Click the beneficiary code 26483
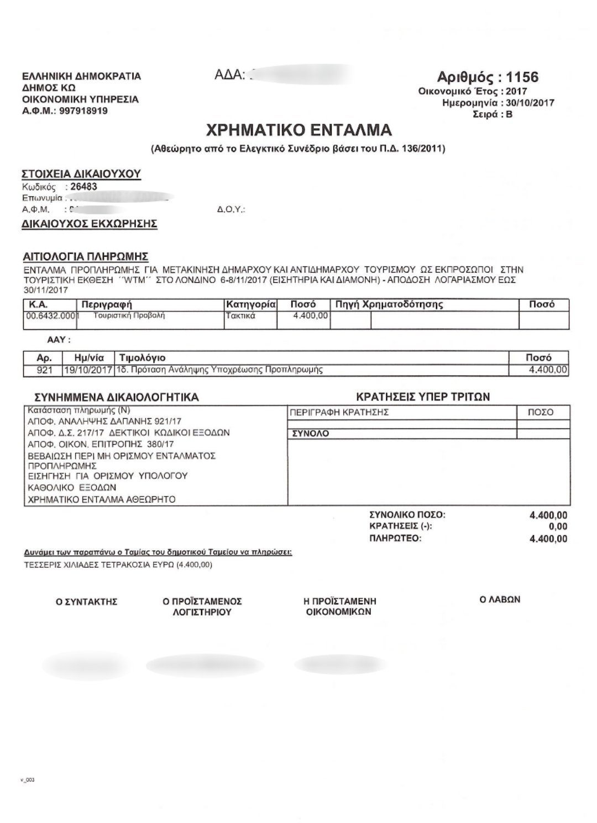tap(84, 187)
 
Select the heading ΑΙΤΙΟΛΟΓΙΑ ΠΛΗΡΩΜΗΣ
tap(86, 257)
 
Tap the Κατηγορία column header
tap(250, 304)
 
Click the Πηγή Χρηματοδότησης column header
tap(389, 304)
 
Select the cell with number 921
tap(43, 370)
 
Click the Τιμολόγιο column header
tap(143, 358)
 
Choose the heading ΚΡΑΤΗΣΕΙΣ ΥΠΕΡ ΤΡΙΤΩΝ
tap(423, 397)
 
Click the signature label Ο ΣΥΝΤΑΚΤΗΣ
tap(87, 602)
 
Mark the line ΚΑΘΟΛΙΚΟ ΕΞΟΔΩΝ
tap(72, 488)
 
